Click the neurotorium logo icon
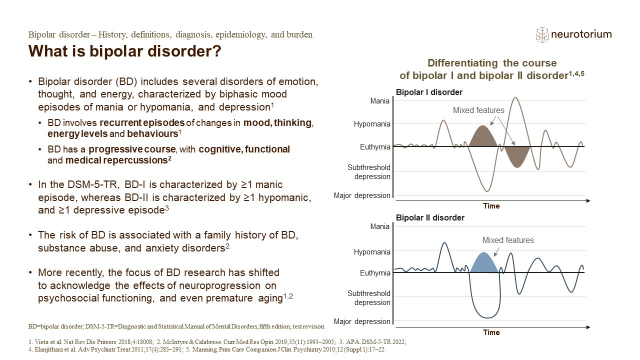[x=542, y=34]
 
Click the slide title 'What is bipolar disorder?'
[x=125, y=51]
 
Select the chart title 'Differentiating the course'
[x=492, y=63]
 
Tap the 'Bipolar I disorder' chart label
[x=429, y=92]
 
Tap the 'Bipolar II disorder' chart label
[x=430, y=217]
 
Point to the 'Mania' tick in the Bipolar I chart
[x=379, y=100]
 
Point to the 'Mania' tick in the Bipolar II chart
[x=379, y=226]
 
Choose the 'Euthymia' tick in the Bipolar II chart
[x=375, y=273]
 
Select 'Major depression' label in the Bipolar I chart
[x=362, y=195]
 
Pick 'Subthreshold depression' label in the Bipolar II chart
[x=368, y=298]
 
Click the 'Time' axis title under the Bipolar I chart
[x=491, y=206]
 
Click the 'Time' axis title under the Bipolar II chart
[x=491, y=332]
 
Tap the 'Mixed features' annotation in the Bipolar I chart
[x=478, y=110]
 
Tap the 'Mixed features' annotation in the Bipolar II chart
[x=508, y=240]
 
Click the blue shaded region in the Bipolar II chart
[x=483, y=264]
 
